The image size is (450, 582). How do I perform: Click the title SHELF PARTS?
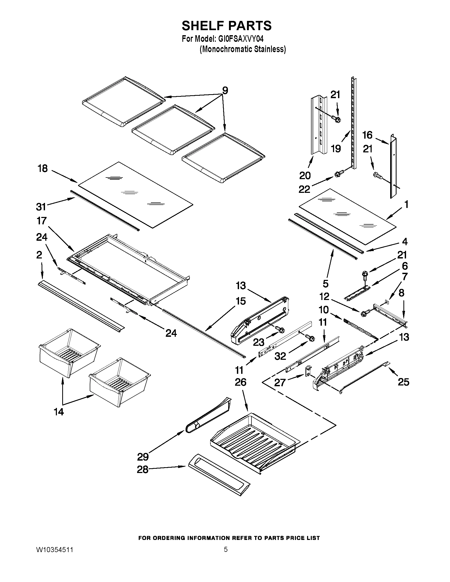[227, 26]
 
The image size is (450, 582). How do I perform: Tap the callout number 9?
[225, 90]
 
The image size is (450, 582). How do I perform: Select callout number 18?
[43, 169]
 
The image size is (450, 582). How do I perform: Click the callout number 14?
[59, 412]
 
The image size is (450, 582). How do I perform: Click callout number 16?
[367, 135]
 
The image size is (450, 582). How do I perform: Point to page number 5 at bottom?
[226, 549]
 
